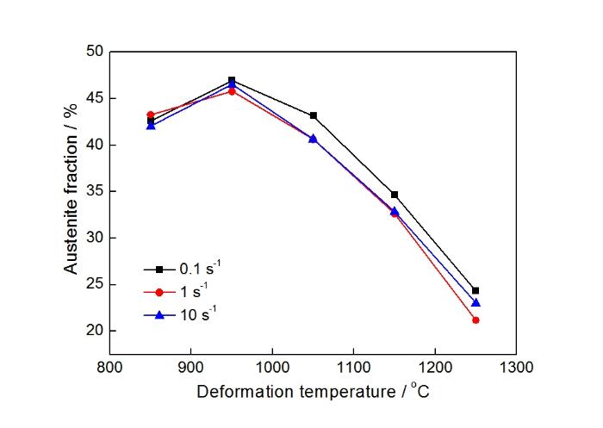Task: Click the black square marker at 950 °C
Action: (232, 80)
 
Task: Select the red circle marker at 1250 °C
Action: (476, 320)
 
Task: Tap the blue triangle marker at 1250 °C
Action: (476, 302)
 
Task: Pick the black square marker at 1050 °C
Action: (314, 115)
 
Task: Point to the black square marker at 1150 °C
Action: (395, 195)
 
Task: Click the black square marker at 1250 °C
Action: (476, 290)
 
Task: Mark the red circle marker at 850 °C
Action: (151, 115)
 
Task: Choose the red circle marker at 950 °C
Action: (232, 91)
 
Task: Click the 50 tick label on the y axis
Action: (94, 52)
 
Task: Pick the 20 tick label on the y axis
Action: (94, 331)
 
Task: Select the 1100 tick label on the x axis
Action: (353, 367)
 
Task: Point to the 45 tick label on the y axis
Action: (94, 98)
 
